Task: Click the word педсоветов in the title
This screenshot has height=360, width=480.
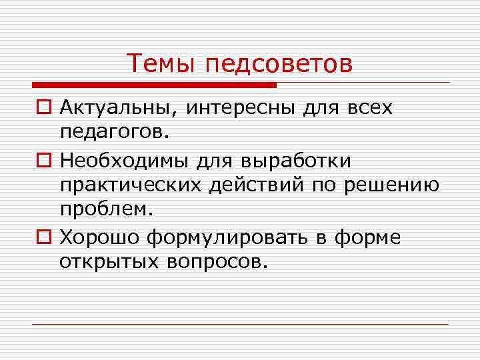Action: (x=279, y=65)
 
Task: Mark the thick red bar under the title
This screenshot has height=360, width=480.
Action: (x=153, y=85)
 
